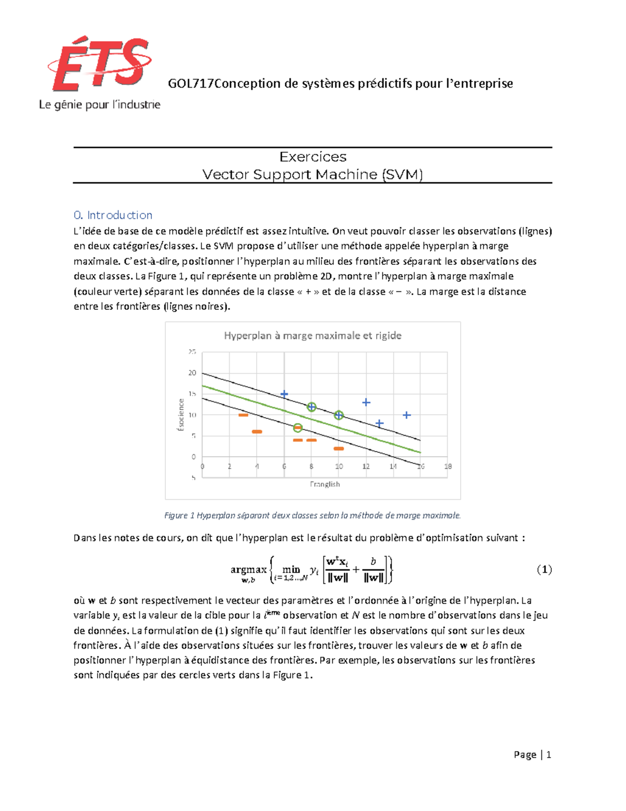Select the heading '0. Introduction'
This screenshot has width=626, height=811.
point(113,215)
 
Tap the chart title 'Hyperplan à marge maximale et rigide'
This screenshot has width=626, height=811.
point(312,336)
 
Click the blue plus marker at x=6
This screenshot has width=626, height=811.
point(284,394)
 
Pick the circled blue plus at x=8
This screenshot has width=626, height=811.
point(311,407)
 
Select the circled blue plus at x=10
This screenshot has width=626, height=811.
point(339,415)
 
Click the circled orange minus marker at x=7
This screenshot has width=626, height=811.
point(298,428)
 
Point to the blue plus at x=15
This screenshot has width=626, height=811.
point(407,415)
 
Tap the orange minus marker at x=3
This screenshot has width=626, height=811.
point(243,415)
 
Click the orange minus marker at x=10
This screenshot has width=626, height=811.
point(339,449)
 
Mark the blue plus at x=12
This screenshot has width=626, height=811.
point(366,402)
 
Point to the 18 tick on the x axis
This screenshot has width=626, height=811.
point(448,466)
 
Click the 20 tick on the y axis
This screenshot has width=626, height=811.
point(192,373)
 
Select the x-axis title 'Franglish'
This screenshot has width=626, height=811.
point(324,484)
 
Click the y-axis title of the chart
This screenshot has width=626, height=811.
point(181,415)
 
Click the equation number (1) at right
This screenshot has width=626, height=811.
point(544,569)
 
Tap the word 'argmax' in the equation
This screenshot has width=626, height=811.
point(248,569)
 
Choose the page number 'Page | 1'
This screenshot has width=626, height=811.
point(532,755)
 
